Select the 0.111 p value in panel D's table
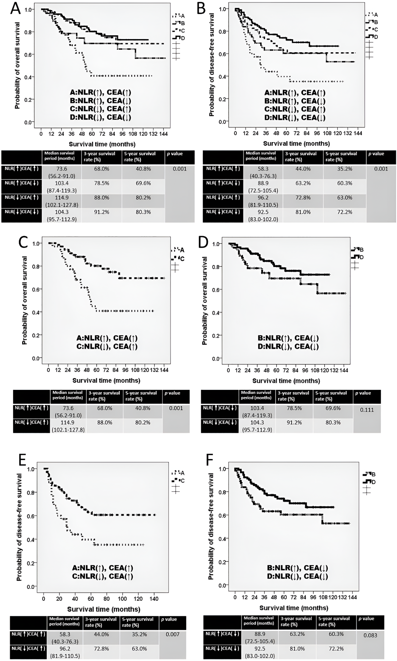[x=367, y=410]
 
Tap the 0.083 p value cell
[x=370, y=635]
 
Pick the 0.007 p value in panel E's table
[x=173, y=634]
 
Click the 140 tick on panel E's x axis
[x=154, y=599]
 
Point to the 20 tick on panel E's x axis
[x=59, y=599]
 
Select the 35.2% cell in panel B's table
[x=345, y=169]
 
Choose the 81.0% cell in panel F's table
[x=297, y=649]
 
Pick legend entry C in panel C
[x=182, y=259]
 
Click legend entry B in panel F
[x=373, y=474]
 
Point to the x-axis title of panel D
[x=286, y=381]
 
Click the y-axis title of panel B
[x=211, y=65]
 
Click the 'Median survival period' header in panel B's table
[x=261, y=156]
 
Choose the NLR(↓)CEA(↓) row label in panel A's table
[x=21, y=212]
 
